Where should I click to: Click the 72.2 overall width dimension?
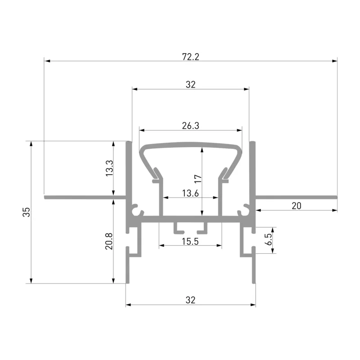(x=190, y=57)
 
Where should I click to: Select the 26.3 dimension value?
(x=190, y=126)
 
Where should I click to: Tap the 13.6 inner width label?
(x=190, y=193)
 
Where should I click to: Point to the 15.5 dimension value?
(x=190, y=242)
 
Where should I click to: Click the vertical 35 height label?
(x=27, y=212)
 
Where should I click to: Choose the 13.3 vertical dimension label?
(x=109, y=168)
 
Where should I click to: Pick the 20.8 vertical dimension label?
(x=109, y=241)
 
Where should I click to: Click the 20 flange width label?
(x=297, y=206)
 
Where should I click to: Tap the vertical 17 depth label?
(x=198, y=179)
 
